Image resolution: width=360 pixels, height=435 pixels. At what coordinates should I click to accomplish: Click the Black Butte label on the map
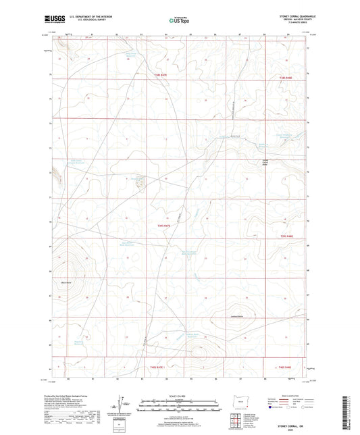(66, 282)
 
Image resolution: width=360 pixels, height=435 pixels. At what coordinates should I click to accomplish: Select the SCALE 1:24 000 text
(180, 396)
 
